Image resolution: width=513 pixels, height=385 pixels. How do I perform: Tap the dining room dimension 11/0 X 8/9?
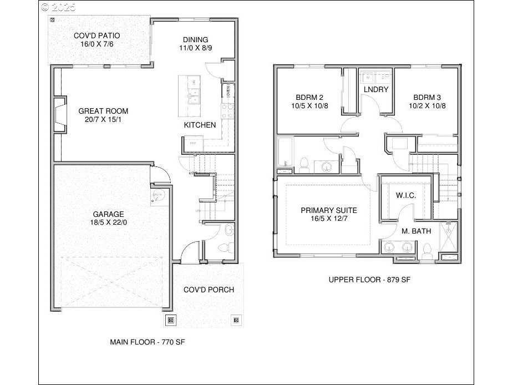tap(195, 48)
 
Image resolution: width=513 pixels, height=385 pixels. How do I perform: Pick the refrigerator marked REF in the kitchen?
tap(193, 144)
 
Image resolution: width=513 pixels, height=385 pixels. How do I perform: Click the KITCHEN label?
tap(200, 125)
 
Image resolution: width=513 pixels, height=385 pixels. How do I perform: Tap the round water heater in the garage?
tap(158, 195)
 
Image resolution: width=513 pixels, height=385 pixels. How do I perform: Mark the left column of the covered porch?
tap(171, 320)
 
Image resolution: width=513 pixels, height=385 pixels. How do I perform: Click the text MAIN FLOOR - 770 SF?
tap(147, 342)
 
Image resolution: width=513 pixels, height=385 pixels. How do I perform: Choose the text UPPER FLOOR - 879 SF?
tap(369, 280)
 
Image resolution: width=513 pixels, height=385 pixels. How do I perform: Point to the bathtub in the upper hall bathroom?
tap(284, 152)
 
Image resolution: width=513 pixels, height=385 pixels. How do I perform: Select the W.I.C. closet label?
tap(405, 196)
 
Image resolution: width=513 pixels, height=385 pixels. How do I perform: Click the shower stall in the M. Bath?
tap(448, 237)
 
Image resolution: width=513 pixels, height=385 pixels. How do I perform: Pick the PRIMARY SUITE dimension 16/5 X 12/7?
tap(328, 219)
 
